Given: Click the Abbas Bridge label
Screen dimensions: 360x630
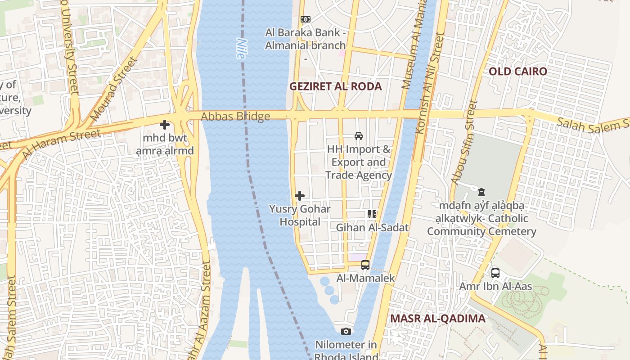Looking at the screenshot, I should pyautogui.click(x=235, y=117).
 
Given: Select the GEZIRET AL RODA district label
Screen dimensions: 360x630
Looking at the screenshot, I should pyautogui.click(x=335, y=86).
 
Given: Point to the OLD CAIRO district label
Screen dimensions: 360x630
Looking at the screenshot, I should pyautogui.click(x=518, y=72).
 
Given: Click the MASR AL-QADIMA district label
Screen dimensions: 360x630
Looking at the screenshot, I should pyautogui.click(x=438, y=319).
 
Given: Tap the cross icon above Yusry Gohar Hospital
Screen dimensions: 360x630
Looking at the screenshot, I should pyautogui.click(x=300, y=196).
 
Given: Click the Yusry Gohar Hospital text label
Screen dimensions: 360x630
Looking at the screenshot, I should pyautogui.click(x=300, y=215).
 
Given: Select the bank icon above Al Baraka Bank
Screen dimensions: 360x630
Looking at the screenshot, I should pyautogui.click(x=306, y=19).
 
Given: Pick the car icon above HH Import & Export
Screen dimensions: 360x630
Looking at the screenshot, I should pyautogui.click(x=359, y=135).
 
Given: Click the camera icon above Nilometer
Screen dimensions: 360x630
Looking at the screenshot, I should pyautogui.click(x=346, y=332).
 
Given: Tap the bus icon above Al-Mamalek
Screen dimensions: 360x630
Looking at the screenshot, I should pyautogui.click(x=365, y=265).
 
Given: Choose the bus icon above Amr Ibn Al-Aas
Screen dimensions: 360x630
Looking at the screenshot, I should pyautogui.click(x=495, y=273).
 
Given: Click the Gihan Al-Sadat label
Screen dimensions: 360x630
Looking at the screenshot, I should pyautogui.click(x=372, y=228).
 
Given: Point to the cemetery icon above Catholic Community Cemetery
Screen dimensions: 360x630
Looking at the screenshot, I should pyautogui.click(x=481, y=193).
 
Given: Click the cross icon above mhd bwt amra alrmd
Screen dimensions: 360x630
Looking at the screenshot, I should pyautogui.click(x=165, y=125).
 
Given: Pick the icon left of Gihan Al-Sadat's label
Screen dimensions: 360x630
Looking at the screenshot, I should pyautogui.click(x=372, y=214).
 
